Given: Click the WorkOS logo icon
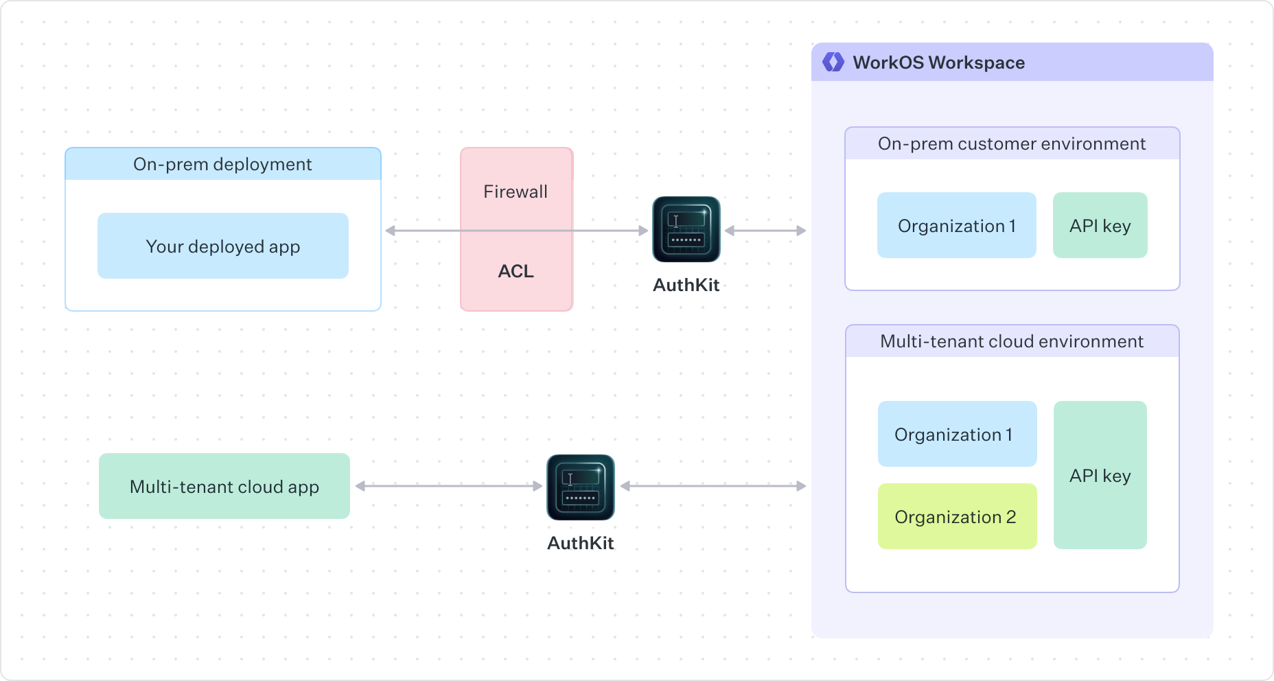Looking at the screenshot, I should click(x=833, y=62).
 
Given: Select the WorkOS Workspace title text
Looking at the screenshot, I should click(x=938, y=62).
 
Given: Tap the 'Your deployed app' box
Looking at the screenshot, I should click(x=222, y=246).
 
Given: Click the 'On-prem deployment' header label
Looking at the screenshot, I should click(x=222, y=164).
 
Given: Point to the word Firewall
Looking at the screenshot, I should click(x=516, y=192).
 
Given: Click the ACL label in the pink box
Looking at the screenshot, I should click(x=516, y=271).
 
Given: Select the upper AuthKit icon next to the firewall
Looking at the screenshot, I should click(x=686, y=229).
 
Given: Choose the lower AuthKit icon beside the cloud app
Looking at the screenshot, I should click(x=580, y=487).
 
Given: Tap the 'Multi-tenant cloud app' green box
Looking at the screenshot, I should click(x=224, y=486).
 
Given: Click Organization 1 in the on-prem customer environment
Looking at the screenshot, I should click(x=956, y=225).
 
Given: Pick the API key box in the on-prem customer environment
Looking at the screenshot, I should click(x=1100, y=225).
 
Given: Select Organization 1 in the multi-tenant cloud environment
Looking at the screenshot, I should click(x=957, y=434).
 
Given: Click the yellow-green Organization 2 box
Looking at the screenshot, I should click(x=957, y=516).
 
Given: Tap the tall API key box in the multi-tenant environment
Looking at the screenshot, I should click(x=1100, y=475).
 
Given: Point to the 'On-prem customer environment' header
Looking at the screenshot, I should click(x=1012, y=143).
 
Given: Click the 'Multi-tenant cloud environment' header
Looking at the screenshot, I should click(x=1012, y=341).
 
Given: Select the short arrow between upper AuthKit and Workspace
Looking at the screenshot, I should click(x=765, y=231).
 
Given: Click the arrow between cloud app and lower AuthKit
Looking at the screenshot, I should click(x=449, y=486).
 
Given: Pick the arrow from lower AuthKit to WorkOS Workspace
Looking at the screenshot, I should click(x=713, y=486).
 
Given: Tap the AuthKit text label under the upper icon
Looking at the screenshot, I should click(x=686, y=285).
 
